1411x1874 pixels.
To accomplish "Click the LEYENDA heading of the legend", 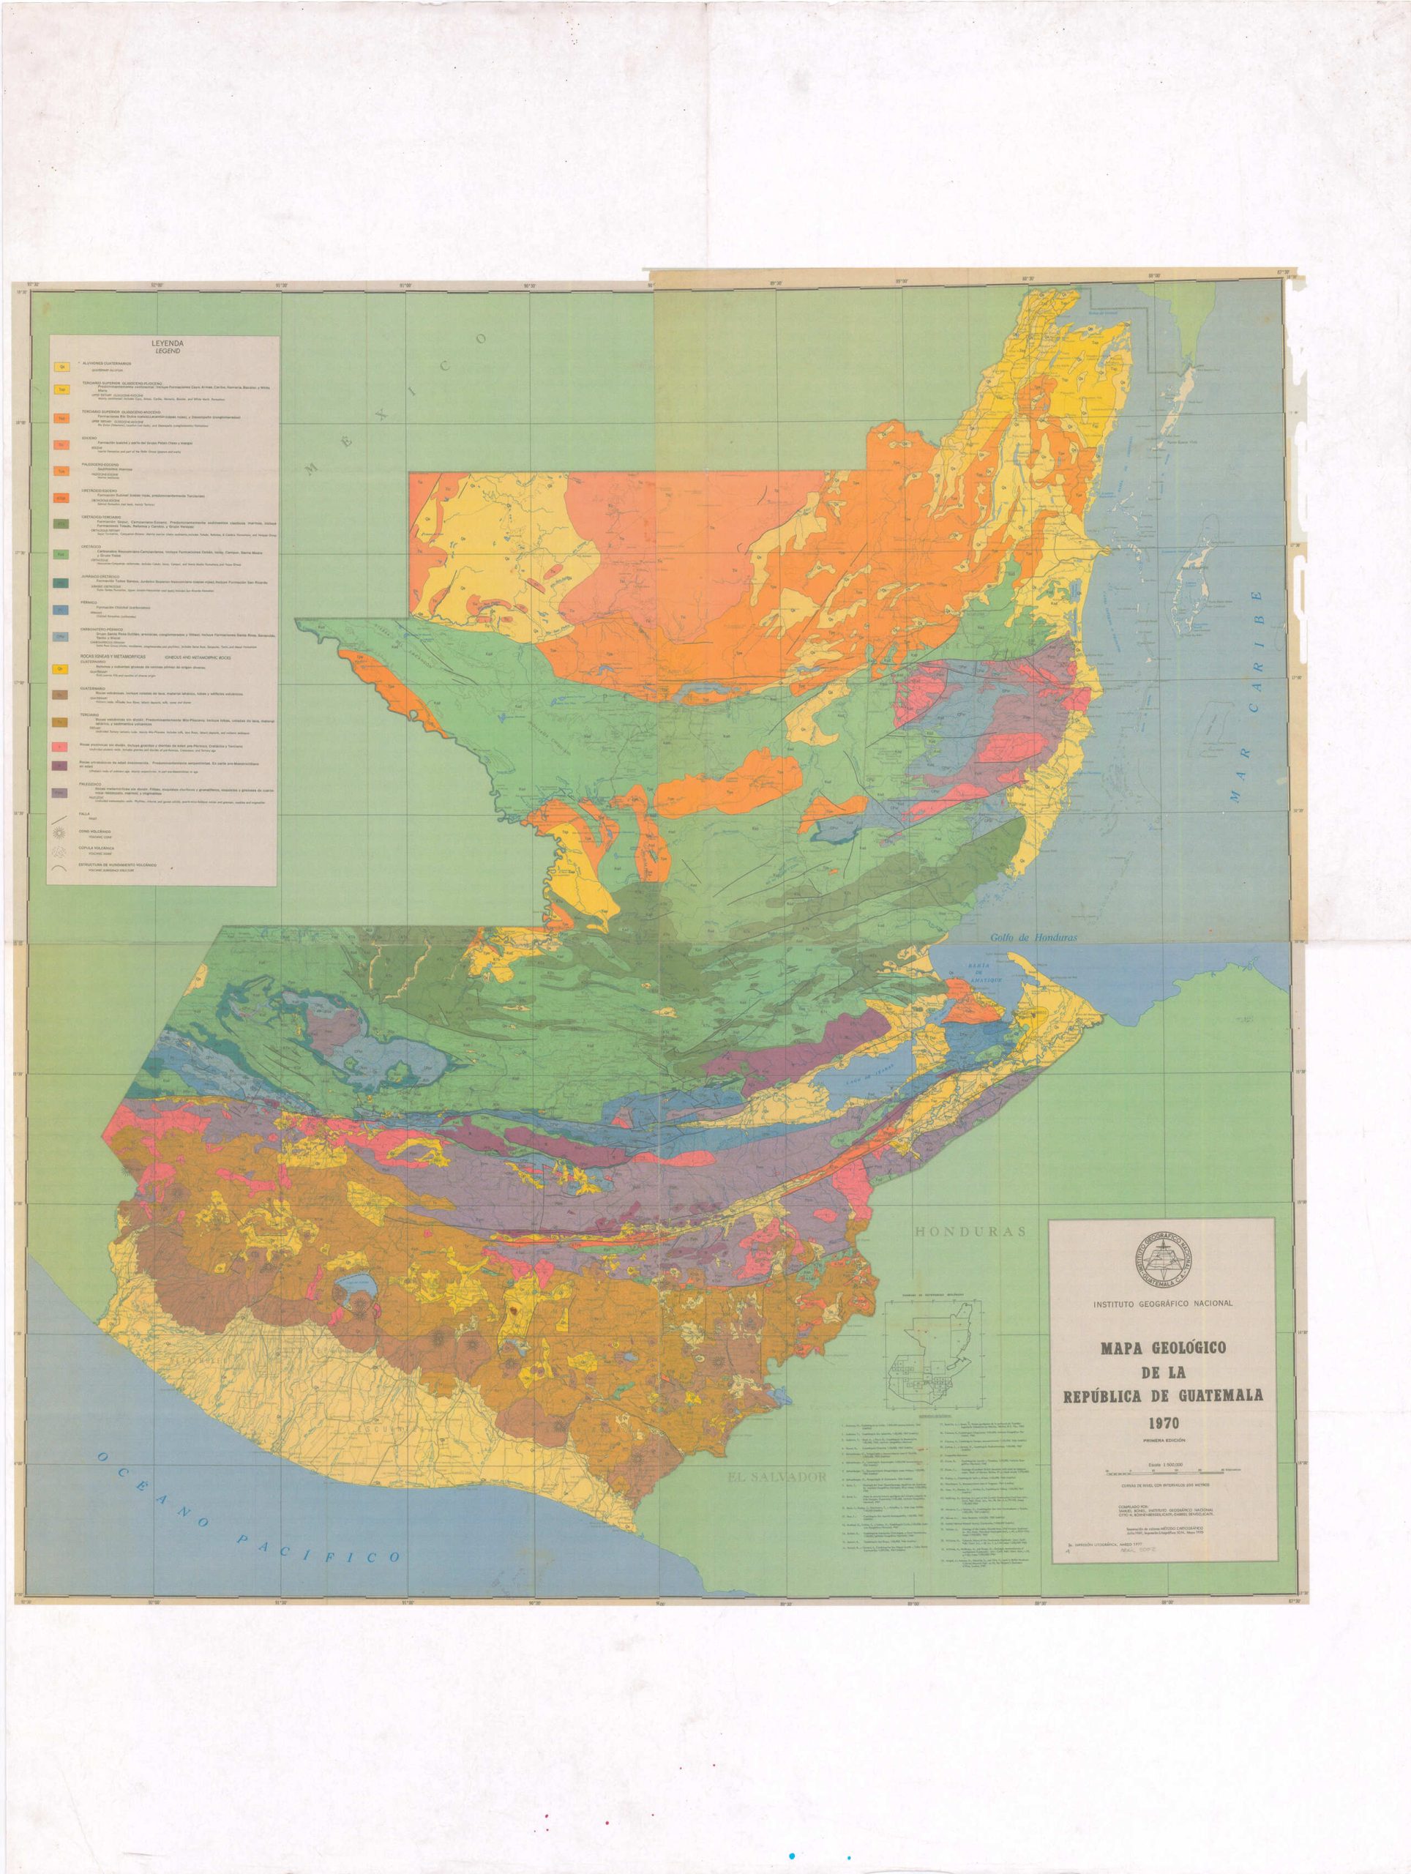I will click(168, 344).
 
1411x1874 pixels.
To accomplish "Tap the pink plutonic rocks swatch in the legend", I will click(60, 747).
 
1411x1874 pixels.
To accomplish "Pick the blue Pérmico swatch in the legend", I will click(61, 610).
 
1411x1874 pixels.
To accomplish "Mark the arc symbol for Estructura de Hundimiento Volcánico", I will click(60, 868).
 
